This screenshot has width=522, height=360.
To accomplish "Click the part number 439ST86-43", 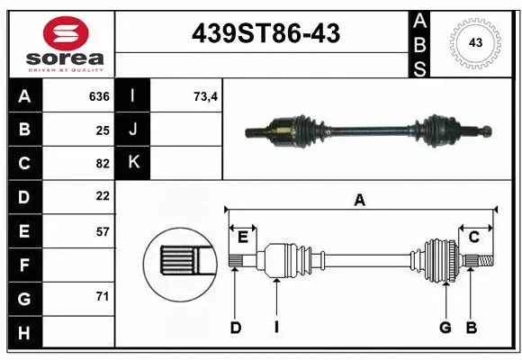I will (x=265, y=34).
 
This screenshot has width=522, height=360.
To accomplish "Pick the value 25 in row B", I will (x=102, y=130).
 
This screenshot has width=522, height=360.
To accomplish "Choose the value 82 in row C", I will (x=102, y=163).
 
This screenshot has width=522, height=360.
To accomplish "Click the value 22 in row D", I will (x=102, y=196).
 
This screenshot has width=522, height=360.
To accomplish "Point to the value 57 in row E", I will (x=102, y=230).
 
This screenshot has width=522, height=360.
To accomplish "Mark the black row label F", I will (x=23, y=264).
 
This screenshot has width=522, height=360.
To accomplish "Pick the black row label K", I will (x=133, y=163).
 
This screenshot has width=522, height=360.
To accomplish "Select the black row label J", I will (x=133, y=130).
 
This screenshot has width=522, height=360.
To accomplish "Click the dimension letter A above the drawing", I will (x=359, y=201).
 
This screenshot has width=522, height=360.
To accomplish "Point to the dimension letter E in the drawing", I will (x=242, y=237).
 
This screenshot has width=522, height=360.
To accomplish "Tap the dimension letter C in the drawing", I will (x=473, y=237).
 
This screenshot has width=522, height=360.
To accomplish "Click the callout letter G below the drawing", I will (x=445, y=328).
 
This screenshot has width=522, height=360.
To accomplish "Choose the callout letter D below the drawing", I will (x=235, y=328).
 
